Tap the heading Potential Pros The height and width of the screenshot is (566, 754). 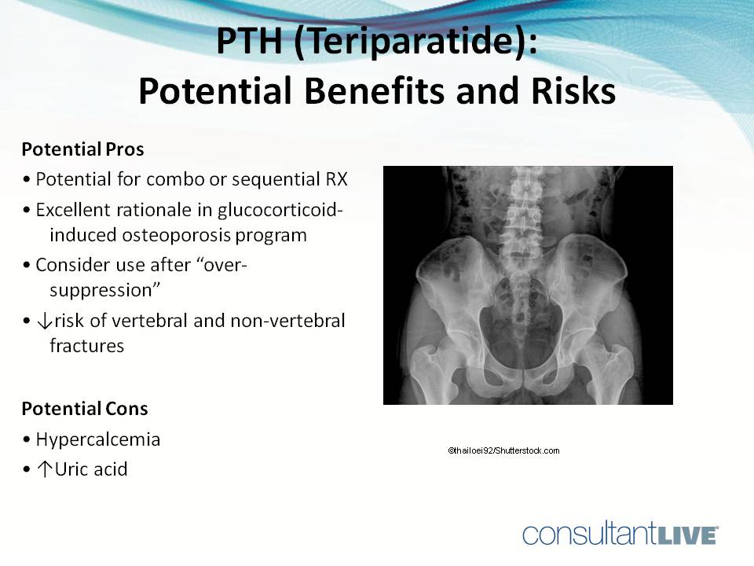[x=82, y=149]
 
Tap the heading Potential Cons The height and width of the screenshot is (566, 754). [x=84, y=409]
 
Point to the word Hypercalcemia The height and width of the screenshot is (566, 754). [x=97, y=439]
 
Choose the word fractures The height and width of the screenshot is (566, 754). [x=86, y=345]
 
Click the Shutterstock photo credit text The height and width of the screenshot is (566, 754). [x=503, y=450]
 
